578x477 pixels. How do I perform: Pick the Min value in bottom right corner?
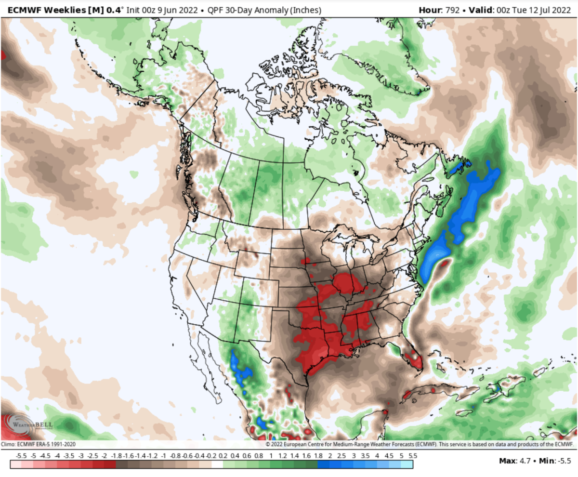(565, 461)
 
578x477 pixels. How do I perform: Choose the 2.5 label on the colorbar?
(342, 455)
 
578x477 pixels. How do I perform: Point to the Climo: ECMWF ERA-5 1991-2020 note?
(39, 444)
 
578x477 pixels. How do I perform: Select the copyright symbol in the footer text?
(267, 444)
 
